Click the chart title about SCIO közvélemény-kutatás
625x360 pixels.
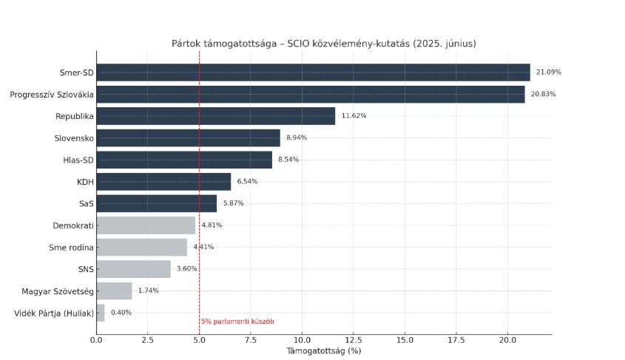[x=324, y=44]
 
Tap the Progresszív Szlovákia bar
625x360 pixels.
[x=311, y=94]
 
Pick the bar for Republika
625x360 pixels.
[x=215, y=116]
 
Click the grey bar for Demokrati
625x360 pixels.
[x=146, y=225]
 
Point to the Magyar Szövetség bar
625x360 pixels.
[x=114, y=291]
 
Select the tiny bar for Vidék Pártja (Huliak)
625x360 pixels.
[x=101, y=313]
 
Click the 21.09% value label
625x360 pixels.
[x=549, y=72]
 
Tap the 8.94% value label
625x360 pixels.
[x=297, y=138]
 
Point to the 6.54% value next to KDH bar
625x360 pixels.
[x=247, y=182]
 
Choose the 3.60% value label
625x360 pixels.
[x=187, y=269]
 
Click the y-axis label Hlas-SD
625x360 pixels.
[x=78, y=160]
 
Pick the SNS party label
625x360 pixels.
[x=84, y=269]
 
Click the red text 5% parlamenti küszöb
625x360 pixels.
[x=237, y=322]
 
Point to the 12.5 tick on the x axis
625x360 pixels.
[x=353, y=341]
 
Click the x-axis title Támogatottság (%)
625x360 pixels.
[x=324, y=351]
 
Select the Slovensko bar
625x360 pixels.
[x=188, y=138]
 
